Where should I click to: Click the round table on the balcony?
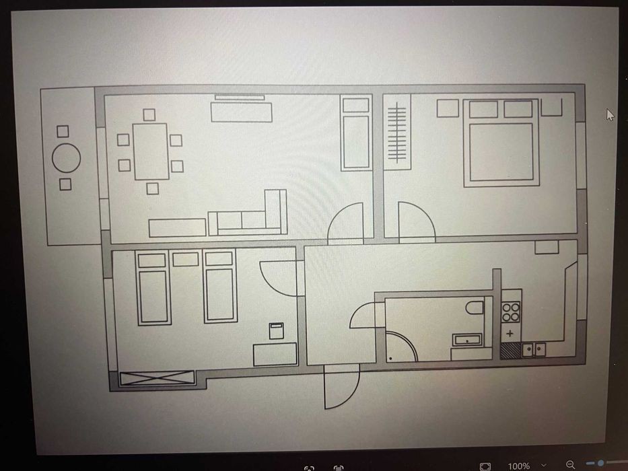coord(66,158)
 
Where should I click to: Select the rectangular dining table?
coord(151,151)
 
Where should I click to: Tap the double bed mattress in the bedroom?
coord(501,152)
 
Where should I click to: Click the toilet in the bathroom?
coord(475,307)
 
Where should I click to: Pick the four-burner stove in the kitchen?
coord(511,312)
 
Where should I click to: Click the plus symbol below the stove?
coord(510,333)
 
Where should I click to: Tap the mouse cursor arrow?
coord(610,115)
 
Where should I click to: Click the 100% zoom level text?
coord(519,466)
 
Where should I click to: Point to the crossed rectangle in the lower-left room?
coord(157,377)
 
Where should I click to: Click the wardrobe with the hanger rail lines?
coord(397,132)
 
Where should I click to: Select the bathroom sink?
coord(467,340)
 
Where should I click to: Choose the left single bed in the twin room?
coord(153,287)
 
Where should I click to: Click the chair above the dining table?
coord(149,115)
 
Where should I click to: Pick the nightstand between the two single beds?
coord(185,259)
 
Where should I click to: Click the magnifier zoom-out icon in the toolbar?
coord(570,465)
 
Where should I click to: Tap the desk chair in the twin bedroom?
coord(276,331)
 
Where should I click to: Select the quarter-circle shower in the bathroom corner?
coord(401,347)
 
